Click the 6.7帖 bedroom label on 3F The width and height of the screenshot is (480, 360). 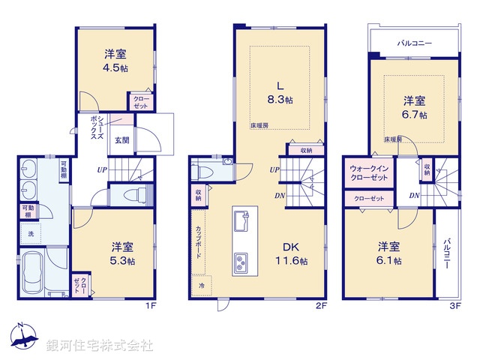point(415,107)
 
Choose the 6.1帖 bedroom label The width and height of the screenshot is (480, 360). point(388,253)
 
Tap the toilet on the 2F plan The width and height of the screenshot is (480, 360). point(202,171)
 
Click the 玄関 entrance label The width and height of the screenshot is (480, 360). point(121,139)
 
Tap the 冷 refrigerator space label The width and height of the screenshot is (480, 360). point(202,285)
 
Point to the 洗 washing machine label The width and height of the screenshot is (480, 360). point(31,235)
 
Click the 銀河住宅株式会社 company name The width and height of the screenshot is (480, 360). point(100,346)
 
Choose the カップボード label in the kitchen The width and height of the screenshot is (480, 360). point(198,241)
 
